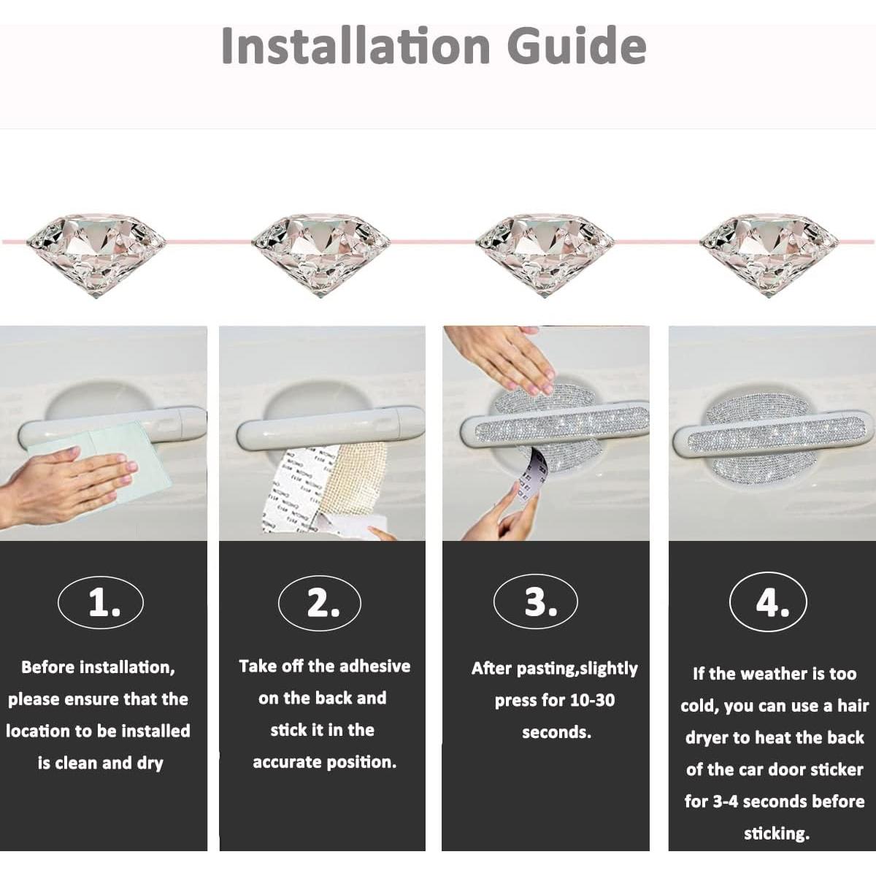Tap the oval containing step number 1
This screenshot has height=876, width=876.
coord(101,603)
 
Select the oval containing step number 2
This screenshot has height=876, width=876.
coord(320,603)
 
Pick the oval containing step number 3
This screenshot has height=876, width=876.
coord(536,601)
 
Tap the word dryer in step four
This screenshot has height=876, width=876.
coord(708,738)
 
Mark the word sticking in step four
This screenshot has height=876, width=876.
coord(777,834)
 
